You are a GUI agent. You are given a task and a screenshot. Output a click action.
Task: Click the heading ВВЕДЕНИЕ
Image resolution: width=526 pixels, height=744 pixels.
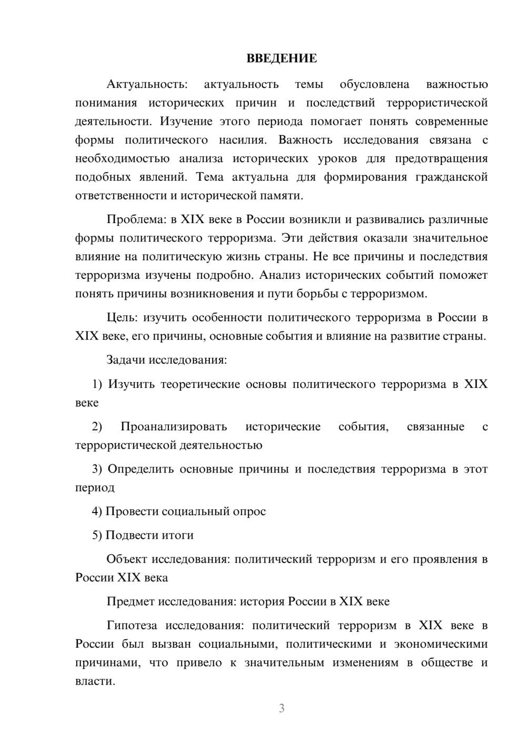[281, 58]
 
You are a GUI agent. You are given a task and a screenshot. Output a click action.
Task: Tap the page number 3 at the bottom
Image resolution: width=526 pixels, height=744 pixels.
[281, 708]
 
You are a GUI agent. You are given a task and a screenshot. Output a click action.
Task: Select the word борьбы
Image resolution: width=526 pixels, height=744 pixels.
[319, 294]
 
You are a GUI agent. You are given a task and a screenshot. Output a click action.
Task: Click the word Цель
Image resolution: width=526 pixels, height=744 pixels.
[122, 318]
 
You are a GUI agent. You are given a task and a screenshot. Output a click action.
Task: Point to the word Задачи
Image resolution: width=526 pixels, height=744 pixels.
[126, 360]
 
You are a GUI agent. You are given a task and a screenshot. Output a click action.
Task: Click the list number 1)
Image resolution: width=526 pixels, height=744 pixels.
[97, 384]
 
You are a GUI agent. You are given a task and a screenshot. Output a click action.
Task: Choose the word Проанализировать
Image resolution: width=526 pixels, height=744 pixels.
[174, 426]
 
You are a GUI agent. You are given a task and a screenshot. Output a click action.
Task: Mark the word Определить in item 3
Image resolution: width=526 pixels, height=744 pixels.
[140, 469]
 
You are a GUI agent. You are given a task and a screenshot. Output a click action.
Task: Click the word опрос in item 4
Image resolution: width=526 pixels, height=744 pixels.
[249, 511]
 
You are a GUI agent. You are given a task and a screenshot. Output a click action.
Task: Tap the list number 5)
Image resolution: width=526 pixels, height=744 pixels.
[97, 535]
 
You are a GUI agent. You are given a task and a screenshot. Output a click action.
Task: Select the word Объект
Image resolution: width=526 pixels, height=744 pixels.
[127, 559]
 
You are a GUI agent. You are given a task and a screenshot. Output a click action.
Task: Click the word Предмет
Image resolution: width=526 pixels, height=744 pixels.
[131, 601]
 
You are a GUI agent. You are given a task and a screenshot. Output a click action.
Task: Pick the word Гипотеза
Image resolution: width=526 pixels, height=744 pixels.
[131, 626]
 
